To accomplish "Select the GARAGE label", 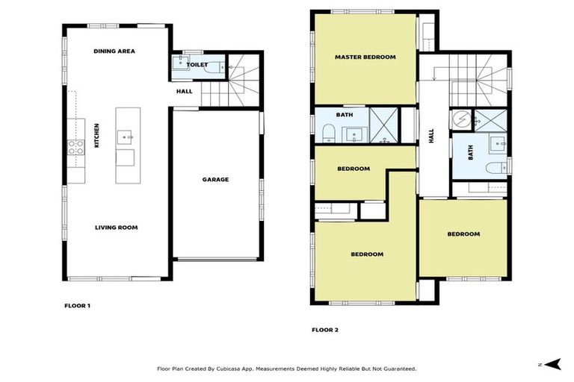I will pyautogui.click(x=215, y=179).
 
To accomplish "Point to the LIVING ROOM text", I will pyautogui.click(x=116, y=228).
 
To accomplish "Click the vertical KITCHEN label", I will pyautogui.click(x=97, y=135).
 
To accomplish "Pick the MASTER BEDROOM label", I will pyautogui.click(x=365, y=57).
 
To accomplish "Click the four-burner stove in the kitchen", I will pyautogui.click(x=75, y=147).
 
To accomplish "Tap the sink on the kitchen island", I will pyautogui.click(x=128, y=137).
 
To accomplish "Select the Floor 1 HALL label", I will pyautogui.click(x=184, y=92).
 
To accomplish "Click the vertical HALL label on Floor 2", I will pyautogui.click(x=430, y=135).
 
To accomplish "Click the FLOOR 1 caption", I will pyautogui.click(x=77, y=306).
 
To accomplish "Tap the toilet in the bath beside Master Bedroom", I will pyautogui.click(x=327, y=133).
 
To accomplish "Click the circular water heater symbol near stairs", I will pyautogui.click(x=462, y=118).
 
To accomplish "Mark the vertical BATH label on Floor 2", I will pyautogui.click(x=471, y=153).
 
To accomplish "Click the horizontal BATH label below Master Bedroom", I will pyautogui.click(x=345, y=115).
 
